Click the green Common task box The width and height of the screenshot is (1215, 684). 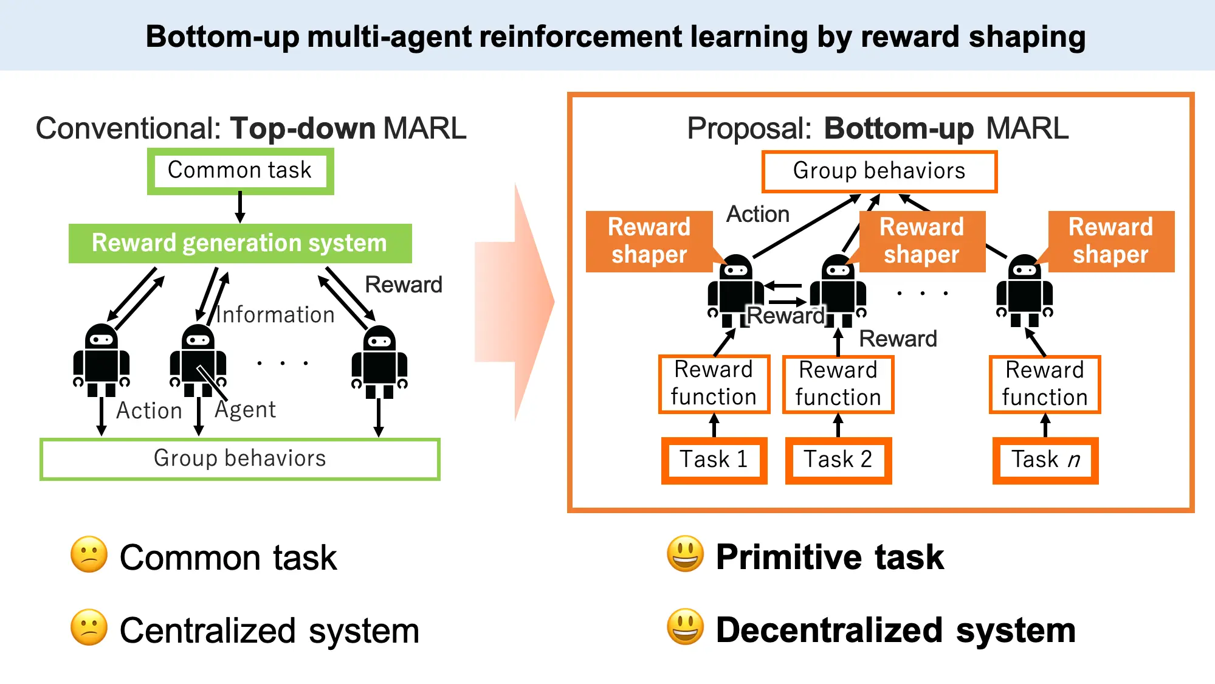pos(240,171)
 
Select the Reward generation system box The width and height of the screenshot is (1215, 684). pos(240,243)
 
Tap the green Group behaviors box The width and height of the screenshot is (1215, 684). pos(240,459)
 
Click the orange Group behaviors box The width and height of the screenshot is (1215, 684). pos(879,171)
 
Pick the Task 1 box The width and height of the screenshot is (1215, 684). pos(714,460)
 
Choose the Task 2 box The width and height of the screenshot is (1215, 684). pos(838,460)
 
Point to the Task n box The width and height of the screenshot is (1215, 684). pos(1045,460)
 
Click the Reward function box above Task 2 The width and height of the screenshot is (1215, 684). pos(838,384)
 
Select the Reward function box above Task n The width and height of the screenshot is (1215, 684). pos(1045,384)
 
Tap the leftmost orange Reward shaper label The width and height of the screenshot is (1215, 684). pos(649,241)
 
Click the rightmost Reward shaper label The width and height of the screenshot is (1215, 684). pos(1111,241)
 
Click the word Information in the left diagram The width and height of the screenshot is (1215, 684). pos(275,315)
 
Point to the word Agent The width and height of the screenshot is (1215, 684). pos(246,410)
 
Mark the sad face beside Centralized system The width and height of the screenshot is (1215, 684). pos(89,627)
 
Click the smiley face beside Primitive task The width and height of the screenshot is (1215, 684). pos(685,554)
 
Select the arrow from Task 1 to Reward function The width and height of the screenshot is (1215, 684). pos(714,426)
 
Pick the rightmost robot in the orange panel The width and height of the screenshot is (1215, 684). pos(1025,291)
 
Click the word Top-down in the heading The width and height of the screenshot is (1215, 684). pos(303,129)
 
